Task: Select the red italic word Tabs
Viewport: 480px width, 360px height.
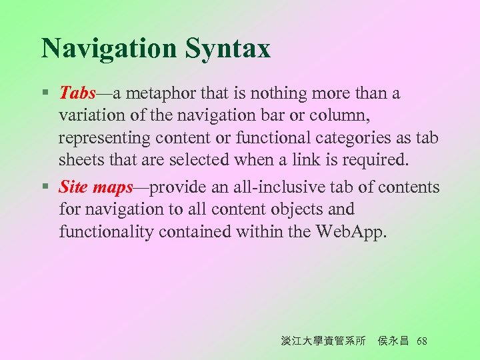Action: [x=78, y=93]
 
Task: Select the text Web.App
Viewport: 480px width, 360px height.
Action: [x=352, y=232]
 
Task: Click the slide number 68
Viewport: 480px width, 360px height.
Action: [x=421, y=341]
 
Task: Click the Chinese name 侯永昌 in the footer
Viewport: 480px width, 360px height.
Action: [x=393, y=341]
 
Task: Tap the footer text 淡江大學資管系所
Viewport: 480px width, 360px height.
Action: [x=323, y=341]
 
